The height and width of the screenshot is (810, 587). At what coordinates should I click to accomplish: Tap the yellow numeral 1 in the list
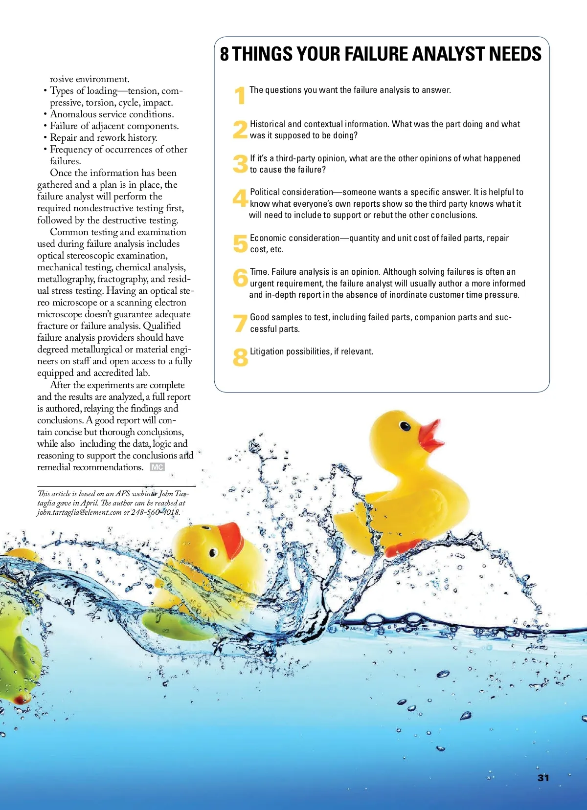(240, 95)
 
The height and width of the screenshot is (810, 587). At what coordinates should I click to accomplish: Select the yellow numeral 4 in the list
(240, 198)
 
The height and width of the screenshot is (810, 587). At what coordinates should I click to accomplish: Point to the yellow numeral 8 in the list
(240, 357)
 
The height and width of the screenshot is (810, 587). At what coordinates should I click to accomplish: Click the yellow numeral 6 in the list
(240, 278)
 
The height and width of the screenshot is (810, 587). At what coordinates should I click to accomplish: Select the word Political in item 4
(267, 192)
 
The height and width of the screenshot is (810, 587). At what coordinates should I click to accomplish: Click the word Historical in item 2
(269, 124)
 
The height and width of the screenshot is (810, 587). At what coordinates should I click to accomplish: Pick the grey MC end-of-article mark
(157, 467)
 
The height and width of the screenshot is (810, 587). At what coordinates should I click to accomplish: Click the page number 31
(543, 778)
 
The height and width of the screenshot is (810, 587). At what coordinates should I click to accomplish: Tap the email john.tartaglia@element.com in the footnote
(79, 512)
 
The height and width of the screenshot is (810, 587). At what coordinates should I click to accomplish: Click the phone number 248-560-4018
(156, 512)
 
